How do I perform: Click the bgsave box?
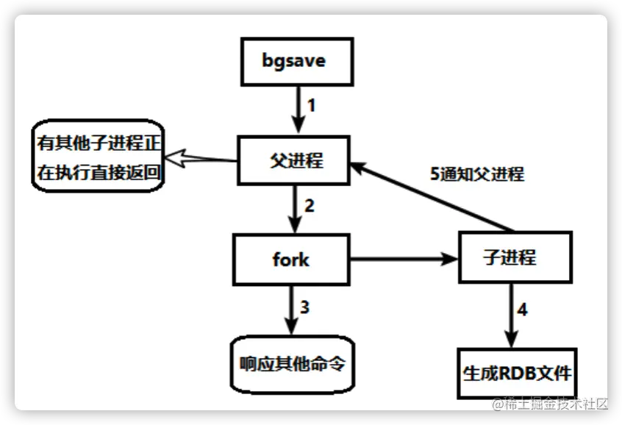pyautogui.click(x=293, y=60)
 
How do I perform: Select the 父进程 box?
pyautogui.click(x=293, y=160)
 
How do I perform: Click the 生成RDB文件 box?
pyautogui.click(x=516, y=373)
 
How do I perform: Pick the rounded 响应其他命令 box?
pyautogui.click(x=292, y=365)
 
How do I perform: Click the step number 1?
pyautogui.click(x=311, y=105)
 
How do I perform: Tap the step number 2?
pyautogui.click(x=309, y=206)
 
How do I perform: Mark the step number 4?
pyautogui.click(x=522, y=310)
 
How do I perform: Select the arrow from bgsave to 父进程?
pyautogui.click(x=296, y=110)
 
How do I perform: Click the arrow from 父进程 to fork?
pyautogui.click(x=293, y=210)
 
